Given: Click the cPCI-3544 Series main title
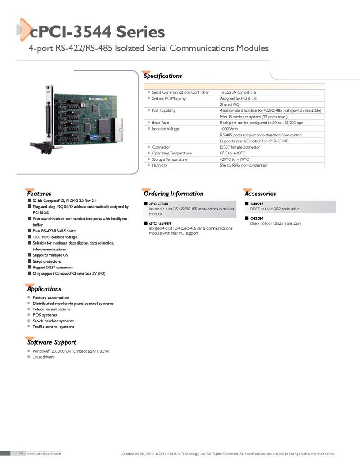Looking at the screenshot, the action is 97,32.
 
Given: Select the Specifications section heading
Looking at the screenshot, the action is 162,76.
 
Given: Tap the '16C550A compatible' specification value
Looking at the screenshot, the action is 238,92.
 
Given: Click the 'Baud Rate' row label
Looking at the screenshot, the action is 160,123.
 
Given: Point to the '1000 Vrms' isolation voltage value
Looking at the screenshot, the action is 229,129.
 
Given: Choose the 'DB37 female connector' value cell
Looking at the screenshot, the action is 240,147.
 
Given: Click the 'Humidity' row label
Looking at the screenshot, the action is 159,165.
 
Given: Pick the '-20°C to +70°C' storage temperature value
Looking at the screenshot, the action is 234,159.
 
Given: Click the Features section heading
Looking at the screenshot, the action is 39,194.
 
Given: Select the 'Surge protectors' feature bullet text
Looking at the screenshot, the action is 47,261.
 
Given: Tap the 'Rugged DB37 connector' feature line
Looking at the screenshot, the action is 53,267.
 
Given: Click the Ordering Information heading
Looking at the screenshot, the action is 174,194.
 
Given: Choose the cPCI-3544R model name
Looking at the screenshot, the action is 160,223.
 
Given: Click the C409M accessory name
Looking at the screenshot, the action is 256,204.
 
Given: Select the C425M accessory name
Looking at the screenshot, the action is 256,218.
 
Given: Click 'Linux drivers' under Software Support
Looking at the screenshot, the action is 43,357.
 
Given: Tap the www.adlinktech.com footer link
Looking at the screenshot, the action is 44,454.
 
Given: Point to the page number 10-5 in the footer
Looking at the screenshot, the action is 19,453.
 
